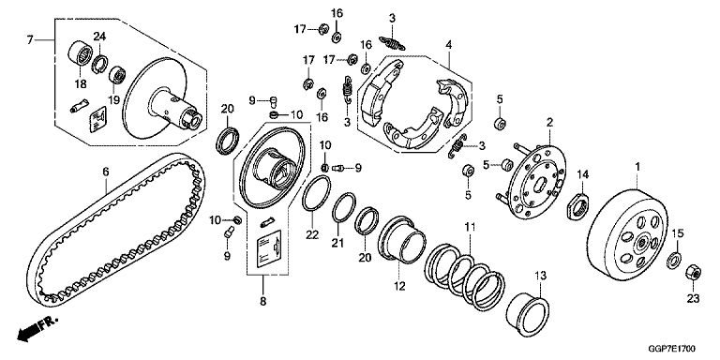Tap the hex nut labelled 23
[693, 273]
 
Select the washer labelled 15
[674, 261]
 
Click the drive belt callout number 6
[106, 172]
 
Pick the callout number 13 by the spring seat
[540, 276]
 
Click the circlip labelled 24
[99, 64]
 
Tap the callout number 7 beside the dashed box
[30, 40]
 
